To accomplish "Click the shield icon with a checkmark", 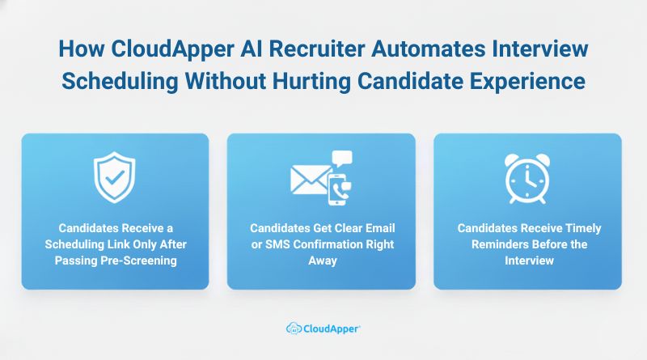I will (x=115, y=179).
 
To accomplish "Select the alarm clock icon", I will (x=527, y=178).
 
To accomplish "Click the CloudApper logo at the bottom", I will (x=323, y=328).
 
